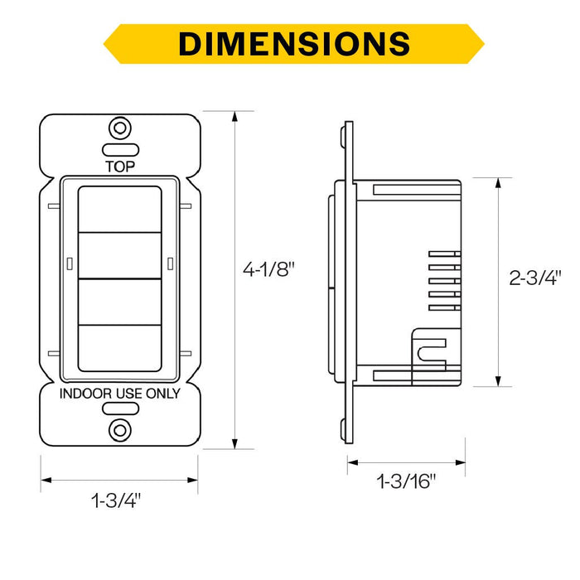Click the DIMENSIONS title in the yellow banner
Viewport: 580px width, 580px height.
click(294, 44)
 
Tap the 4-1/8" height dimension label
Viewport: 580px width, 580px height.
click(269, 269)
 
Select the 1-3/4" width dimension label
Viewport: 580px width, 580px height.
click(116, 500)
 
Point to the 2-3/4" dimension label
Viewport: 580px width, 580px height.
click(535, 278)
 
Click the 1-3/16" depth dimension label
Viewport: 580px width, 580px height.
click(406, 481)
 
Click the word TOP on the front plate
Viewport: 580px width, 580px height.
click(120, 167)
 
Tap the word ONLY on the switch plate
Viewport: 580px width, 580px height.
click(163, 394)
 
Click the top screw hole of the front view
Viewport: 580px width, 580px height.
click(120, 128)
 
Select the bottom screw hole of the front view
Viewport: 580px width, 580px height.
click(120, 430)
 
